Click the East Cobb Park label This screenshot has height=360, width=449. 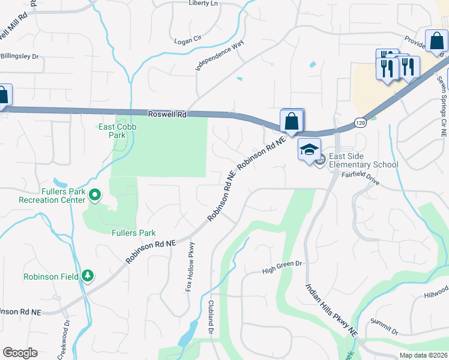112,131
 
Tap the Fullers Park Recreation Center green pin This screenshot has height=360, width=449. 94,194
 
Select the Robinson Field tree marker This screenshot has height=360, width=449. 88,275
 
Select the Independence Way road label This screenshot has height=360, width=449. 220,56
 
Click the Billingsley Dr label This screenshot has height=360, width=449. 18,56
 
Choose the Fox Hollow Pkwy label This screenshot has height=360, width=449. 190,266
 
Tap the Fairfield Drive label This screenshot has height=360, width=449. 360,178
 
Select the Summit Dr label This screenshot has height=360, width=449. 384,326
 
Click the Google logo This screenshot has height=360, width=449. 20,353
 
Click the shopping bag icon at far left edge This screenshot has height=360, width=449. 2,95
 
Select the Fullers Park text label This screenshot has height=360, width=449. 133,233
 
